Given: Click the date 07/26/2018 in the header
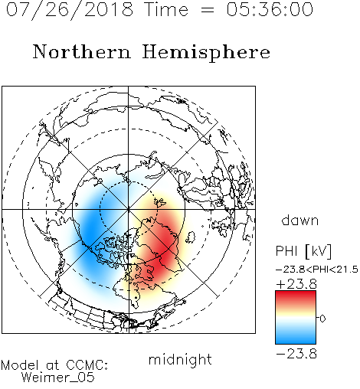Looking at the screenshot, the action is (x=70, y=10).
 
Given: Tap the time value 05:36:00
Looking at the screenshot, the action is (x=270, y=9).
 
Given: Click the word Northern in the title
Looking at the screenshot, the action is (x=82, y=51).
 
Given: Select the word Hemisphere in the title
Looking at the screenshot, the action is (x=206, y=53).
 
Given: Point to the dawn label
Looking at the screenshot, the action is (x=300, y=220).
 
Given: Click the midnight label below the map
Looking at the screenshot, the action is (x=180, y=359).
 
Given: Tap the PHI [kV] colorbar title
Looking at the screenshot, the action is (x=303, y=251).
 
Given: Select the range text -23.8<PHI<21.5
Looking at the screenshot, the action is (x=317, y=270).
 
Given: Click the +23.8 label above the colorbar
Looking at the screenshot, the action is (x=296, y=284).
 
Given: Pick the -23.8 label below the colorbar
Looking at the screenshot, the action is (x=296, y=354).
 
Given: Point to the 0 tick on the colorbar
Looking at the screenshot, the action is (x=322, y=319).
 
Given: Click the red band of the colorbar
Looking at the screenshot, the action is (x=296, y=296).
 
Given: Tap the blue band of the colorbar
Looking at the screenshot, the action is (x=296, y=337).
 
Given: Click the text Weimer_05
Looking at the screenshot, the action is (x=57, y=378).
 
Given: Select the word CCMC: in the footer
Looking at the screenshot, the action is (x=87, y=365).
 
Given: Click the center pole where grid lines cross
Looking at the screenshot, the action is (x=129, y=209).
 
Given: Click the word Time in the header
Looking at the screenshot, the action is (x=166, y=9).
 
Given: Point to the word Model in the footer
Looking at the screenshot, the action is (x=20, y=365).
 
